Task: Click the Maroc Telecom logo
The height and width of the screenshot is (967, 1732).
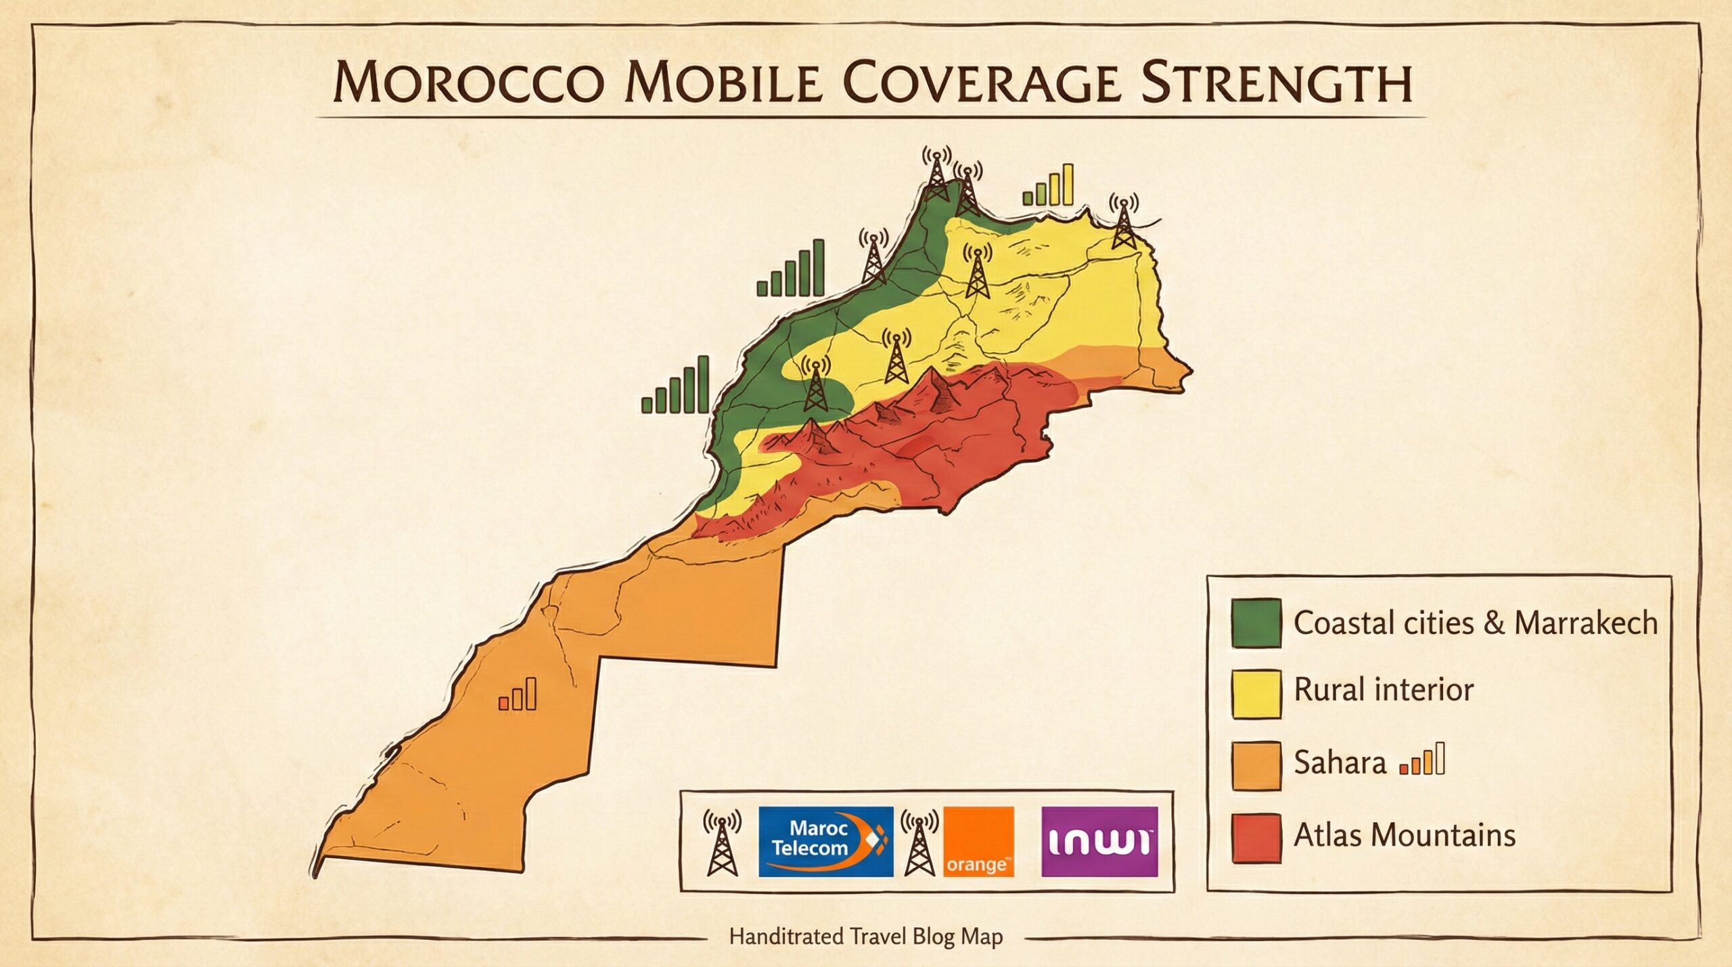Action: pos(825,841)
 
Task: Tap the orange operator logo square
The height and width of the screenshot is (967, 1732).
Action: pos(978,841)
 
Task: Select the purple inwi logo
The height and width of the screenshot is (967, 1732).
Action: pos(1099,841)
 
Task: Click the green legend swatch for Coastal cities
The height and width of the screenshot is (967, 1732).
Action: pos(1256,623)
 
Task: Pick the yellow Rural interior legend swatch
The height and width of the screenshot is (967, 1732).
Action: pos(1256,694)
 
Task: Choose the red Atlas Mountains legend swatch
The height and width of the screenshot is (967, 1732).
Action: pos(1256,838)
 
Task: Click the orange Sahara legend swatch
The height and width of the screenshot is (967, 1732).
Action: pos(1256,765)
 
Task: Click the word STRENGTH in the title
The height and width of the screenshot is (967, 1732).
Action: pos(1277,84)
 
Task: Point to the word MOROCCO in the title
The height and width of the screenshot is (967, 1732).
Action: pos(468,84)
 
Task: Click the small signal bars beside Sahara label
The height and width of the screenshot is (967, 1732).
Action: pos(1423,759)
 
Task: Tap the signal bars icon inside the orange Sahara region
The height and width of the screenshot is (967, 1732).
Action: pos(518,694)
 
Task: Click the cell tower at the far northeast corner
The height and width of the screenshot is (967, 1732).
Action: pos(1123,223)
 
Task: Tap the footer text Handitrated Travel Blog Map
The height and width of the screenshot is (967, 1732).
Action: pos(865,937)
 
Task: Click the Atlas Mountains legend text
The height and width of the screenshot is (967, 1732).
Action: pos(1405,835)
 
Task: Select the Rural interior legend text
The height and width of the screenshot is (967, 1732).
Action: pos(1384,690)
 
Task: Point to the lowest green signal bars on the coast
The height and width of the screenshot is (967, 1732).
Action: pos(675,386)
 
